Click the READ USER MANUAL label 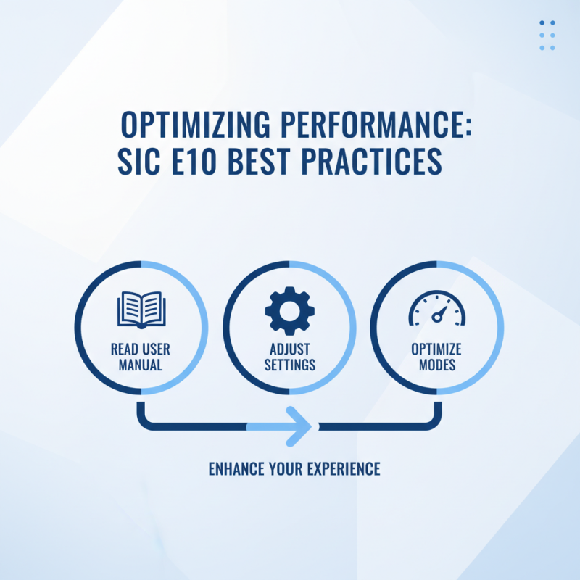(x=141, y=357)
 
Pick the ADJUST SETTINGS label (x=289, y=357)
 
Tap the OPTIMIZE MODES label (x=436, y=357)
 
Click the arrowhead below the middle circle (x=301, y=426)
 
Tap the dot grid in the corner (x=547, y=36)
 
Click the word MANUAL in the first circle (x=141, y=365)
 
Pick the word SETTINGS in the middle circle (x=289, y=365)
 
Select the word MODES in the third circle (x=436, y=365)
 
